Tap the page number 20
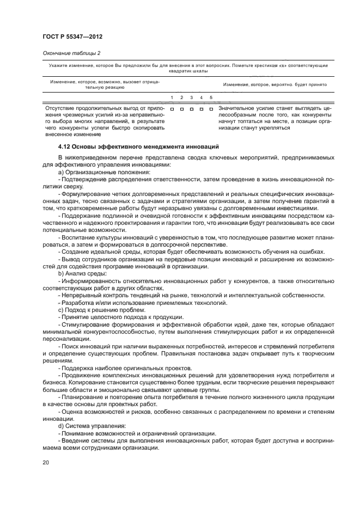(x=46, y=462)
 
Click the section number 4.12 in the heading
(x=65, y=147)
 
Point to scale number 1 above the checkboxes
(x=172, y=98)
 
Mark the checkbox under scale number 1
(x=172, y=109)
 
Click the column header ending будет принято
(x=274, y=85)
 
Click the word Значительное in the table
(x=235, y=108)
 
